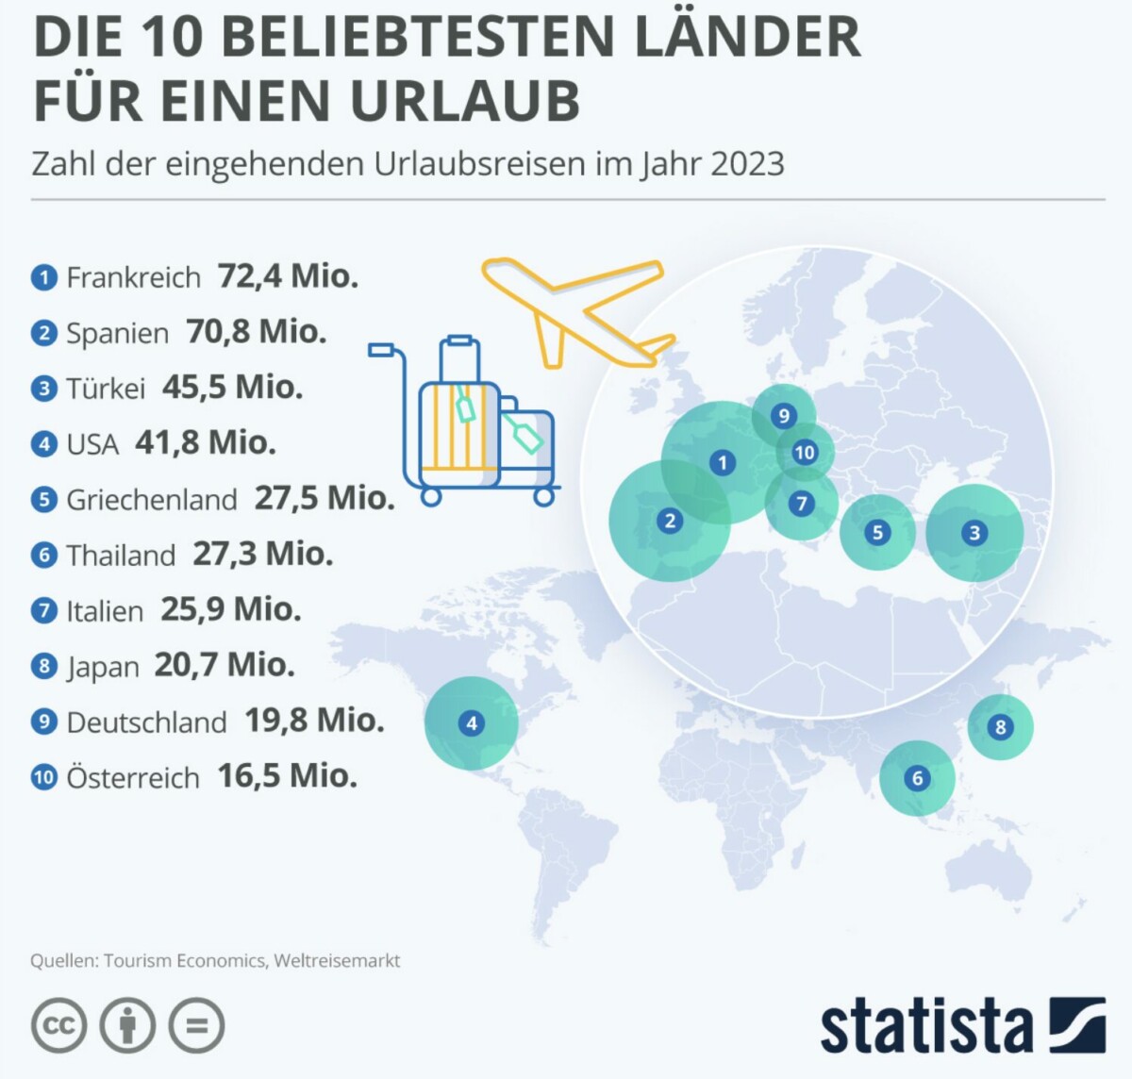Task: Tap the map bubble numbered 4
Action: [472, 723]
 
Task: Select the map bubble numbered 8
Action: [1001, 727]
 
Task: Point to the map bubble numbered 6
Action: [917, 778]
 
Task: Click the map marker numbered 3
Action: [974, 533]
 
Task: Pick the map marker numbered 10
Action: [805, 452]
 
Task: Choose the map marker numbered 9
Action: [784, 415]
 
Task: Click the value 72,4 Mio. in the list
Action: [288, 276]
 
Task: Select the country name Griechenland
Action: [151, 499]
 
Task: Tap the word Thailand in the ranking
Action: [121, 555]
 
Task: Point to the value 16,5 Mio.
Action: [287, 776]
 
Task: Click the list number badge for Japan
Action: [44, 666]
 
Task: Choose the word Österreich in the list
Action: [133, 778]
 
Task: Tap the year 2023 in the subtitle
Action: [747, 163]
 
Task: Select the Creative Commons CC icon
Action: [58, 1025]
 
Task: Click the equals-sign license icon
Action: [197, 1025]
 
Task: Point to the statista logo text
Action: [925, 1025]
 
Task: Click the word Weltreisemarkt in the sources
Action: [337, 960]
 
